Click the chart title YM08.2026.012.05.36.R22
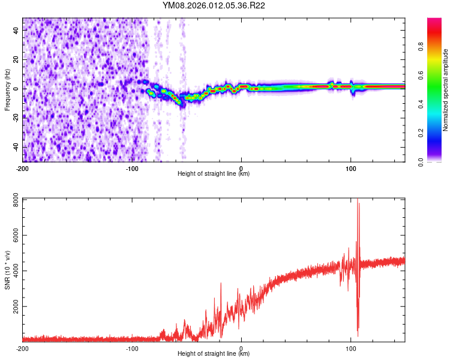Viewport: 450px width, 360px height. pyautogui.click(x=214, y=6)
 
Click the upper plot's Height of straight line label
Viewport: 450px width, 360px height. pyautogui.click(x=214, y=173)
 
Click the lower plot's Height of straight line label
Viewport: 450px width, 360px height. pyautogui.click(x=214, y=354)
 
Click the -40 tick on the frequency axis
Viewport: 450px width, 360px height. pyautogui.click(x=16, y=147)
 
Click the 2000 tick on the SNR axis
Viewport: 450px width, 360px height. pyautogui.click(x=16, y=307)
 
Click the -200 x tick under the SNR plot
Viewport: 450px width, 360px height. pyautogui.click(x=23, y=348)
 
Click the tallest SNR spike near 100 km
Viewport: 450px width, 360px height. pyautogui.click(x=358, y=200)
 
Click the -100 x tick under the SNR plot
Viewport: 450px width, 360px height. pyautogui.click(x=132, y=348)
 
